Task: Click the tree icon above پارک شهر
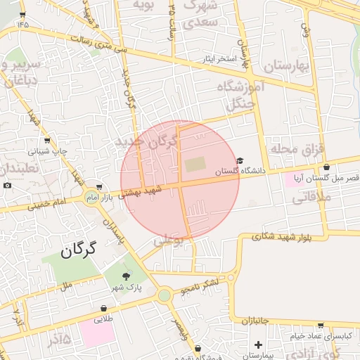coord(127,276)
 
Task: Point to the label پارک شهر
coord(126,288)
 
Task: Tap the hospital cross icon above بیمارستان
coord(259,345)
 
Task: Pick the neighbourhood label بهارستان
coord(288,67)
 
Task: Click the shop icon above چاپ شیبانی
coord(47,141)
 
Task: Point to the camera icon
coord(7,185)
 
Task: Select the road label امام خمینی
coord(48,203)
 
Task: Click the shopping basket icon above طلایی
coord(103,308)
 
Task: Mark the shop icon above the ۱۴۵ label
coord(23,13)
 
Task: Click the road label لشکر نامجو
coord(200,285)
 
